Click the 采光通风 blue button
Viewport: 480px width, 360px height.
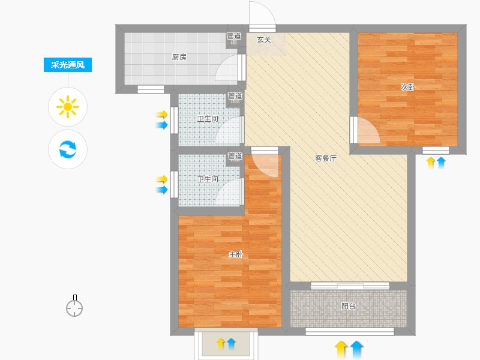coord(68,65)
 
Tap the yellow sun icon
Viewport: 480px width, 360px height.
coord(68,107)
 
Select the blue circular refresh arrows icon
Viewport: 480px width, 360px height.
coord(68,149)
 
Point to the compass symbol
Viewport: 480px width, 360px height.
coord(74,306)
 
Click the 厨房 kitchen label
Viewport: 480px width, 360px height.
coord(179,57)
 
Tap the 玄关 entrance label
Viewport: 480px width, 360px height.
coord(264,40)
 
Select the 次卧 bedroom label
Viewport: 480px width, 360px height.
coord(408,87)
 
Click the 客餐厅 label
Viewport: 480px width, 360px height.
coord(326,158)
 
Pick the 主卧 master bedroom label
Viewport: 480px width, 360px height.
coord(236,254)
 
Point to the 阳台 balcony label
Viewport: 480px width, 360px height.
coord(349,306)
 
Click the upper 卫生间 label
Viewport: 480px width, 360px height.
coord(208,119)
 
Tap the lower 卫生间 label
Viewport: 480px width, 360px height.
coord(208,179)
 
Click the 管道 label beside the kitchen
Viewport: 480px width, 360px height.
coord(234,36)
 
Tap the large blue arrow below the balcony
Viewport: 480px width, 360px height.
coord(356,350)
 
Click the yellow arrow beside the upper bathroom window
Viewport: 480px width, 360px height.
coord(162,115)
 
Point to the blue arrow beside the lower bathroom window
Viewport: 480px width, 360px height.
coord(162,190)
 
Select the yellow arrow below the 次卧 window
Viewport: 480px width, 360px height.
coord(431,163)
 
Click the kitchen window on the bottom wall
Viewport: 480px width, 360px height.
coord(151,89)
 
